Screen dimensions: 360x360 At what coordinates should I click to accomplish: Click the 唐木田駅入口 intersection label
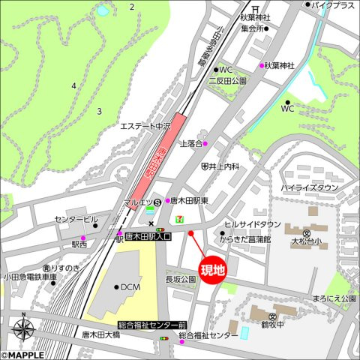pyautogui.click(x=148, y=236)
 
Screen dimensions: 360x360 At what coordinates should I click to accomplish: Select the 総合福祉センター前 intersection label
pyautogui.click(x=152, y=325)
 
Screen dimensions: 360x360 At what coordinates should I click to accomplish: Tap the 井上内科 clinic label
pyautogui.click(x=223, y=166)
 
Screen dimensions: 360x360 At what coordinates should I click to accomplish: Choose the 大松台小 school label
pyautogui.click(x=306, y=241)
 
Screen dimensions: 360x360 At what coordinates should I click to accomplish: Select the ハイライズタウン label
pyautogui.click(x=309, y=187)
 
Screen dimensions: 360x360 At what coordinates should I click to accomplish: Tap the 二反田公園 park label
pyautogui.click(x=228, y=80)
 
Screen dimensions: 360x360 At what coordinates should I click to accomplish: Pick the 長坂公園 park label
pyautogui.click(x=180, y=279)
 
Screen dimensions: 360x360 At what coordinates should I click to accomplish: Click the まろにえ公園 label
pyautogui.click(x=335, y=298)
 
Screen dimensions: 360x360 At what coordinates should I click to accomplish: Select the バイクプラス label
pyautogui.click(x=333, y=5)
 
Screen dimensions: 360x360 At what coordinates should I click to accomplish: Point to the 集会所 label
pyautogui.click(x=252, y=29)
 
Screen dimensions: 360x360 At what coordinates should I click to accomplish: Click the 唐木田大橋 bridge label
pyautogui.click(x=100, y=334)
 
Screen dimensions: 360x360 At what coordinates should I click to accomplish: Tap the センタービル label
pyautogui.click(x=76, y=220)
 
